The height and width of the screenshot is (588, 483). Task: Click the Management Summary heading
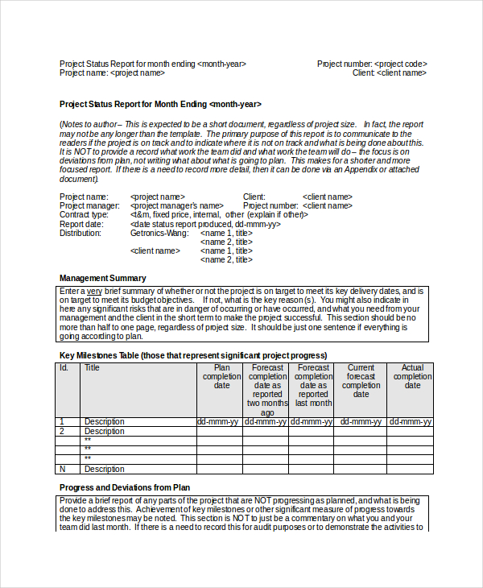click(103, 278)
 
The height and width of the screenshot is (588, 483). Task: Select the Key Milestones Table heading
click(193, 355)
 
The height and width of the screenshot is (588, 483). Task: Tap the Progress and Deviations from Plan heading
click(125, 487)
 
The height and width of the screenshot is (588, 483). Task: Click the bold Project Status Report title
click(160, 104)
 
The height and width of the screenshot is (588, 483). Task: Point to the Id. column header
click(64, 368)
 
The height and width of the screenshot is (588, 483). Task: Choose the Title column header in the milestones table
click(93, 368)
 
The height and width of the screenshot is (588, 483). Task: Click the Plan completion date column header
click(220, 376)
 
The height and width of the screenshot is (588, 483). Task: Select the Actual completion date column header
click(412, 376)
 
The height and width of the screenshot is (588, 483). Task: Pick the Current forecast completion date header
click(361, 381)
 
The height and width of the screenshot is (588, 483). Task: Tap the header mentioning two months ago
click(266, 390)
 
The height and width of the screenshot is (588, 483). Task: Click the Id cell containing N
click(63, 469)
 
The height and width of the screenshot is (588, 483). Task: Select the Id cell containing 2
click(62, 431)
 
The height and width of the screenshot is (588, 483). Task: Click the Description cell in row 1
click(105, 421)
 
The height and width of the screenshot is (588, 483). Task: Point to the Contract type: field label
click(84, 215)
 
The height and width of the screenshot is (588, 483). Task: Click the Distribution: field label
click(80, 233)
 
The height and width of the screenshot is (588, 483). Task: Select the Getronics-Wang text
click(159, 233)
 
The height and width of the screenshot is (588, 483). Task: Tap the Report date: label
click(82, 224)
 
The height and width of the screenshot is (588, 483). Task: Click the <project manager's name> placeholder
click(176, 206)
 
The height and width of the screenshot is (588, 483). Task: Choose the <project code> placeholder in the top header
click(401, 64)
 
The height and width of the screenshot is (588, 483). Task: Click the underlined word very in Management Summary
click(95, 291)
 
